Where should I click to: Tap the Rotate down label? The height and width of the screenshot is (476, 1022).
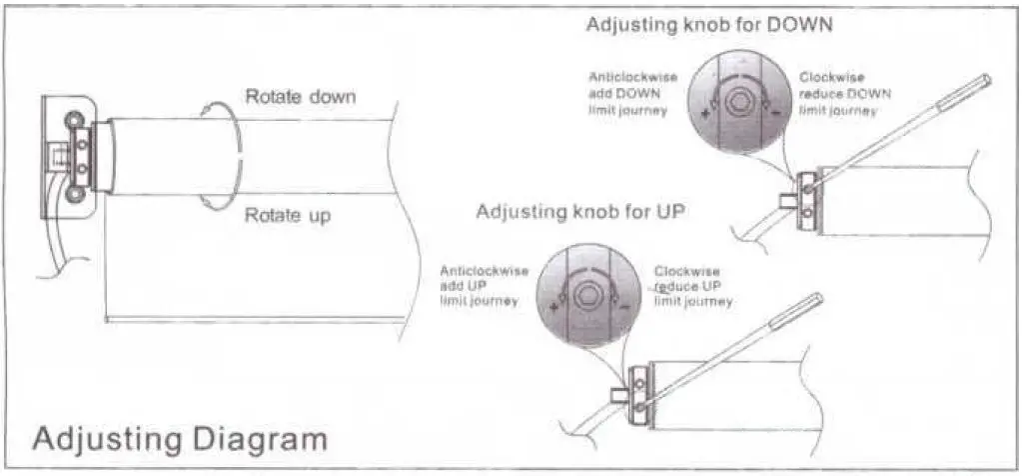(300, 97)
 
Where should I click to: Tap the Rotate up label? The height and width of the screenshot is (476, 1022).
(288, 215)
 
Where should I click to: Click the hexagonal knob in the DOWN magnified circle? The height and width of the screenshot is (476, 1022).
(741, 101)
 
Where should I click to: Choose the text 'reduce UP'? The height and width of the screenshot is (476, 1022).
(690, 286)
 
